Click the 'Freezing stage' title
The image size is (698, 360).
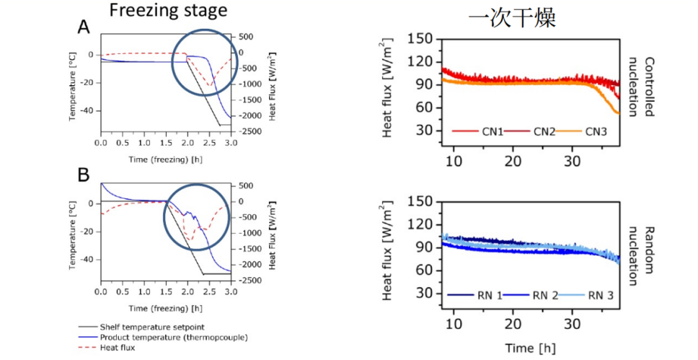[x=167, y=12]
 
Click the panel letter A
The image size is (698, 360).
[x=84, y=27]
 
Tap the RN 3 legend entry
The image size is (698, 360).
[x=598, y=294]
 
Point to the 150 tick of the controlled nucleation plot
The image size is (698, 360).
[x=421, y=38]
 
